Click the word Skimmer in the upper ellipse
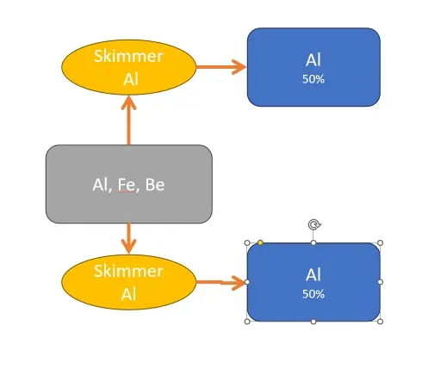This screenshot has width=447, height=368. tap(128, 56)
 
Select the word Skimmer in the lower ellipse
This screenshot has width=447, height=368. tap(128, 271)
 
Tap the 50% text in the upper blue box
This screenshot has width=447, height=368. tap(314, 79)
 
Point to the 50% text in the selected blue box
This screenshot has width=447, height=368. tap(314, 294)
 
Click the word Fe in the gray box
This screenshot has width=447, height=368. tap(127, 185)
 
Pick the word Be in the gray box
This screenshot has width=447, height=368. tap(155, 185)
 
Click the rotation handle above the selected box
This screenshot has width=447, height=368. tap(314, 224)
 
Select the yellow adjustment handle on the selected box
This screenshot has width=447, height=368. tap(260, 242)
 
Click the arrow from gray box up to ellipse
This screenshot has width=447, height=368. tap(128, 120)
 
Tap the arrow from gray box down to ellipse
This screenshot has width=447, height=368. tap(128, 238)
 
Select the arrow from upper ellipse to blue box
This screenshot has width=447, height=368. tap(221, 67)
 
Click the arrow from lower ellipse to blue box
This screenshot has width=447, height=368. tap(220, 282)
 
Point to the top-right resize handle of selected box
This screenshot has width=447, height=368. tap(380, 243)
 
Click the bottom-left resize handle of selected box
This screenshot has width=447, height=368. tap(247, 322)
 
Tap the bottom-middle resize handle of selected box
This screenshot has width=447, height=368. tap(314, 322)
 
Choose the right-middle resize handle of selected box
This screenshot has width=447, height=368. tap(380, 282)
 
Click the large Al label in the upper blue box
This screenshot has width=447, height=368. tap(314, 60)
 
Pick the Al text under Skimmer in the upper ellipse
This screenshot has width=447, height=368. tap(131, 79)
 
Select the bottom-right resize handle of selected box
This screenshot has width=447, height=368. tap(380, 322)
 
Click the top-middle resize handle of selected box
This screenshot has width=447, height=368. tap(314, 243)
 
